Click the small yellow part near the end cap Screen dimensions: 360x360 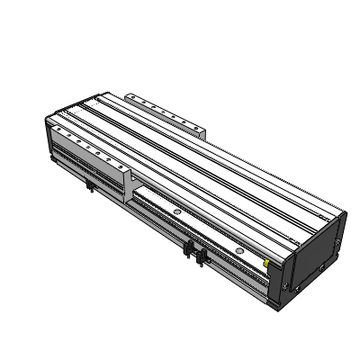[266, 263]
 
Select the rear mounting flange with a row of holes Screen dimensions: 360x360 [166, 112]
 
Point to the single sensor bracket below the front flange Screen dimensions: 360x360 [91, 186]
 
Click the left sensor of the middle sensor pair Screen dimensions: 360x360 [189, 249]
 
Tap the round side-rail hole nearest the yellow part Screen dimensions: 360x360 [239, 247]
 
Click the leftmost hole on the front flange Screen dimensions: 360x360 [61, 135]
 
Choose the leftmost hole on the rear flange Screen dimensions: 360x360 [135, 97]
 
